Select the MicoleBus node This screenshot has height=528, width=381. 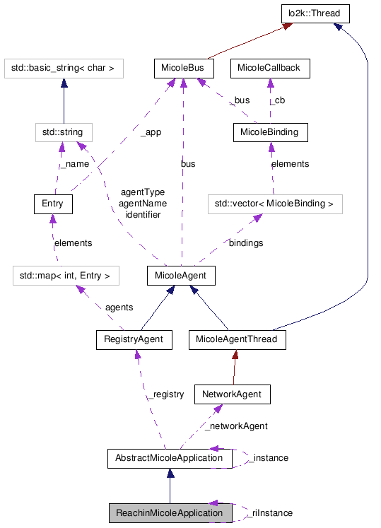coord(183,69)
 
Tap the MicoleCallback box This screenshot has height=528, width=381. coord(269,69)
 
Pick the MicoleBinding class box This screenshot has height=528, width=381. coord(269,132)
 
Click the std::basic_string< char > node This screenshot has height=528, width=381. coord(64,69)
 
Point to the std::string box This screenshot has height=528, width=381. coord(64,132)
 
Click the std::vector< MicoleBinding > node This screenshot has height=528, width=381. coord(275,204)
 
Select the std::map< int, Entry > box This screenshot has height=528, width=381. coord(65,275)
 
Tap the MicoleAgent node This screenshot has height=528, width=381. coord(182,275)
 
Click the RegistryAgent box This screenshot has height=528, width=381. coord(134,339)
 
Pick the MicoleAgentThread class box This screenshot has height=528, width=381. coord(238,339)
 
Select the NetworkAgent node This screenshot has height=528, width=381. coord(233,394)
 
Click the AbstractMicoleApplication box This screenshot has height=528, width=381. coord(169,458)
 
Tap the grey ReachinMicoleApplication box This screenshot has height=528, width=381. coord(170,513)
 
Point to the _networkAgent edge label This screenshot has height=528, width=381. coord(235,426)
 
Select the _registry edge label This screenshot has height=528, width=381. coord(165,394)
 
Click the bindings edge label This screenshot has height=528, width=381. coord(245,243)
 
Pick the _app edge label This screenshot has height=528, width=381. coord(150,132)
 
